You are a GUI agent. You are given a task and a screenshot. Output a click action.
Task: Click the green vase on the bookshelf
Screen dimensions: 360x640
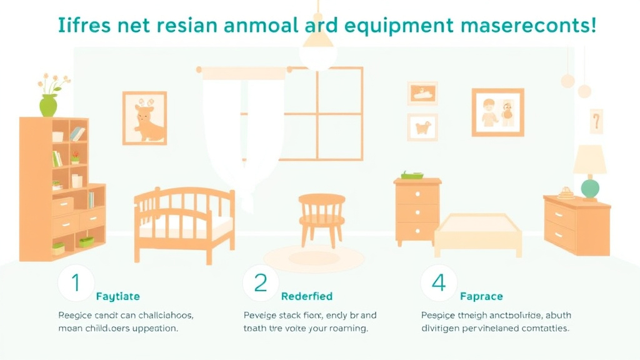tap(48, 105)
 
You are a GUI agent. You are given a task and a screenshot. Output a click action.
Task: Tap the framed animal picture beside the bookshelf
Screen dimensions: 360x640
tap(144, 118)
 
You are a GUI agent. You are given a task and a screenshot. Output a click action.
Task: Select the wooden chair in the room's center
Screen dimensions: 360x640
tap(321, 218)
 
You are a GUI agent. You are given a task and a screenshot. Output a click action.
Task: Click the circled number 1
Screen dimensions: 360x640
tap(76, 283)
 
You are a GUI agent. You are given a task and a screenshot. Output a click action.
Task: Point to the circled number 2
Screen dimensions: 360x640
tap(260, 283)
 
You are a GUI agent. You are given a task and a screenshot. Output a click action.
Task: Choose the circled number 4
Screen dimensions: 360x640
tap(439, 283)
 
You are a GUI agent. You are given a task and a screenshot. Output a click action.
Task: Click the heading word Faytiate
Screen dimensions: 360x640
tap(117, 296)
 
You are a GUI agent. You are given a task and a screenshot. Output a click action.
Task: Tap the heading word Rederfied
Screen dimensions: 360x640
tap(306, 296)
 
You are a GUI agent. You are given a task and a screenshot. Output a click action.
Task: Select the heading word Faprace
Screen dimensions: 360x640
tap(481, 296)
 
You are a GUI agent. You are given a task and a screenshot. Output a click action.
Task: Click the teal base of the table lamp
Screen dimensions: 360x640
tap(589, 188)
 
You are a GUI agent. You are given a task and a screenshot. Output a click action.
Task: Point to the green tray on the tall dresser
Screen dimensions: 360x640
tap(412, 175)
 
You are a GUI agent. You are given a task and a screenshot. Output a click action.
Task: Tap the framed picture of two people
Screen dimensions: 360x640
tap(497, 112)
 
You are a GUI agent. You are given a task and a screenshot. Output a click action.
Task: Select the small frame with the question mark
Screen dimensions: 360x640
tap(596, 121)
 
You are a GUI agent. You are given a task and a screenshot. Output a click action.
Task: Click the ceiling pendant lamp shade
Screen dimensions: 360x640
tap(318, 50)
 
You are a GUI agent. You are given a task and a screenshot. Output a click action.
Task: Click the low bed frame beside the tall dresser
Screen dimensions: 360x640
tap(478, 233)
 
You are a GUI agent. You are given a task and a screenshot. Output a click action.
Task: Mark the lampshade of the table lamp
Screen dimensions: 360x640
tap(589, 160)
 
